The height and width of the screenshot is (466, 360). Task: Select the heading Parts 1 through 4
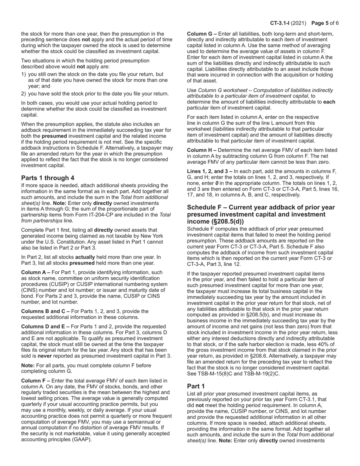[x=48, y=178]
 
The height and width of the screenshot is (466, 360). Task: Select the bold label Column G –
[x=202, y=34]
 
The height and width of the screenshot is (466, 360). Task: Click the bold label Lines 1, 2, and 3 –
[x=210, y=171]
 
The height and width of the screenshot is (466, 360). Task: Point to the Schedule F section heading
[x=261, y=214]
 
